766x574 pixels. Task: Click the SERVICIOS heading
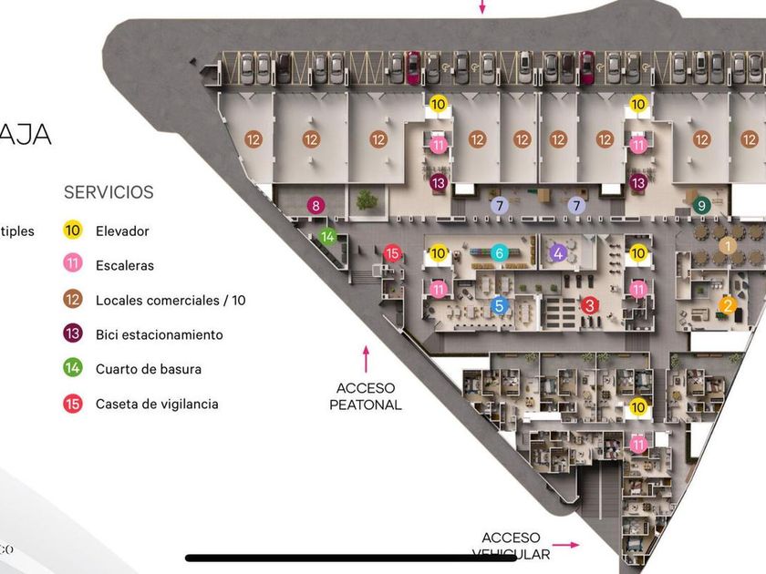coord(109,192)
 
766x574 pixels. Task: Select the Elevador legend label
coord(122,231)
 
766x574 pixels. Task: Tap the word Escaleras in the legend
coord(124,266)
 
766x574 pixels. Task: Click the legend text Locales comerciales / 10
coord(171,301)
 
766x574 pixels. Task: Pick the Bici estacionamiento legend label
coord(159,334)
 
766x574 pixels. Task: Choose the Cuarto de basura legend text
coord(149,369)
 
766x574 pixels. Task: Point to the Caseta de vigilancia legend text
coord(157,404)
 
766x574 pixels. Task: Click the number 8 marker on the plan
coord(316,206)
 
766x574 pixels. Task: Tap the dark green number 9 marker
coord(701,205)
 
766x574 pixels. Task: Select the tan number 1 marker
coord(727,245)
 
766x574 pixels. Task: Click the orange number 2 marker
coord(728,305)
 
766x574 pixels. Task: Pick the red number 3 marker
coord(590,305)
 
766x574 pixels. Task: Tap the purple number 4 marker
coord(558,252)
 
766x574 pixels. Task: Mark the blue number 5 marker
coord(498,305)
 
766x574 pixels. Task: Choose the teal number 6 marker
coord(498,252)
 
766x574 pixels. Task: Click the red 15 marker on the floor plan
coord(392,253)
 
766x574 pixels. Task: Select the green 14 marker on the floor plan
coord(327,237)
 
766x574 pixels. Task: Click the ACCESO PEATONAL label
coord(366,396)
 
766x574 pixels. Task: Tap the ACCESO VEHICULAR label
coord(511,546)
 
